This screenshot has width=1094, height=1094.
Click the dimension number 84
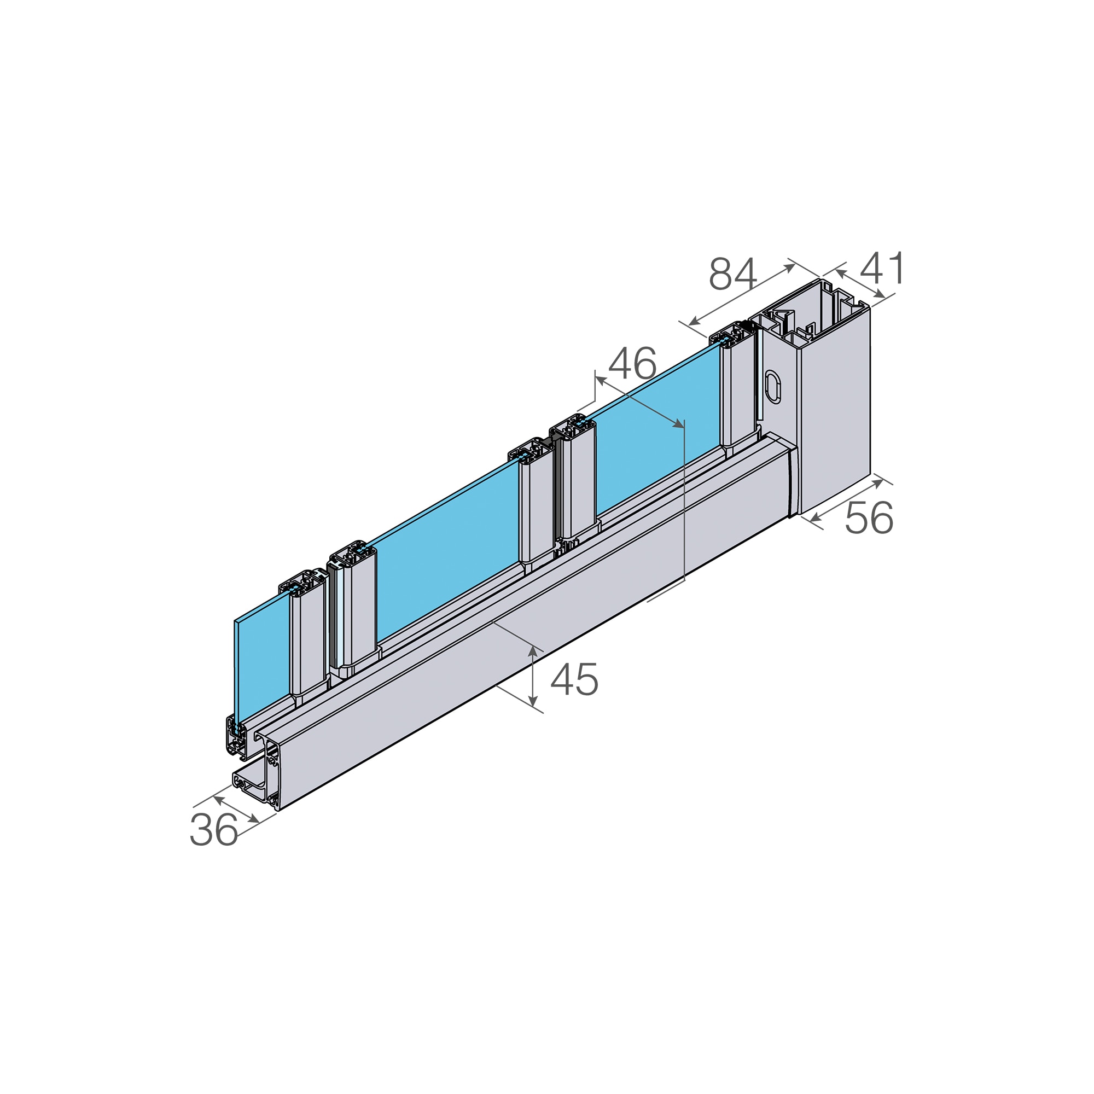point(733,274)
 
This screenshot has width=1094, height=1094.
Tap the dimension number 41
point(882,269)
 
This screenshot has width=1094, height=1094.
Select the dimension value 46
point(632,363)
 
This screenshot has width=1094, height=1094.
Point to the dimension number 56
point(869,517)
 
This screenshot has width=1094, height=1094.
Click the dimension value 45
point(574,679)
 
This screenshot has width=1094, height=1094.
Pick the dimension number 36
point(213,830)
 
